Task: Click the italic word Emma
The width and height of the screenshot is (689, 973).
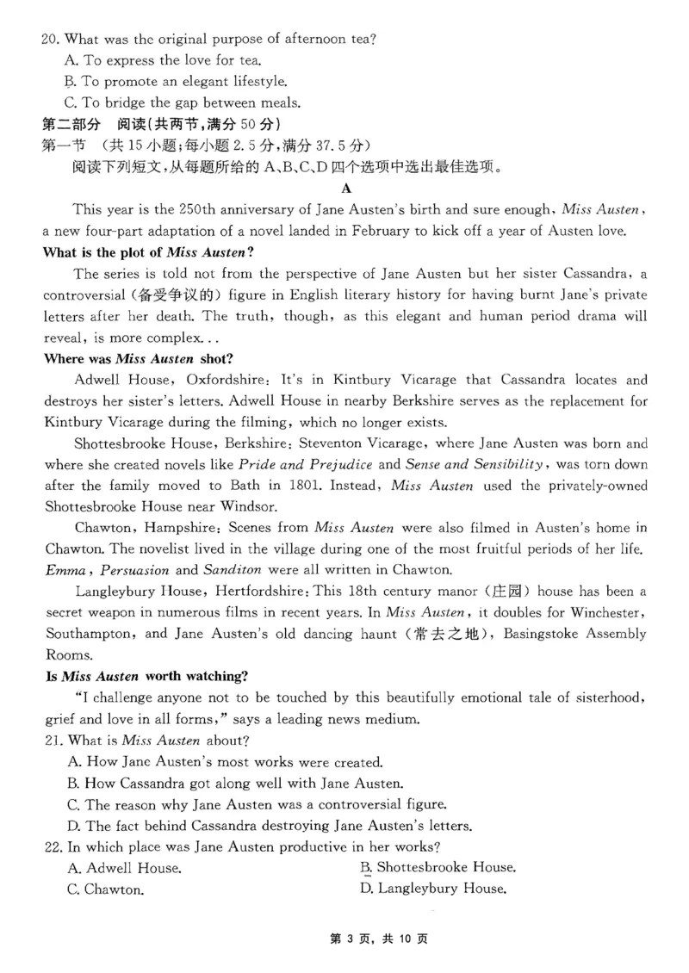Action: [65, 570]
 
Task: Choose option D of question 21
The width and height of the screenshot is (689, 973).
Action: [269, 826]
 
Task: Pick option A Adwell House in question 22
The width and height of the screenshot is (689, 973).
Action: [124, 867]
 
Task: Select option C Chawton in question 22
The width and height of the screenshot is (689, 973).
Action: [105, 889]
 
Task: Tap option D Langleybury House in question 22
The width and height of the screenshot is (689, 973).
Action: [432, 889]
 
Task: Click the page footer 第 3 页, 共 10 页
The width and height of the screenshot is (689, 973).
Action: [379, 939]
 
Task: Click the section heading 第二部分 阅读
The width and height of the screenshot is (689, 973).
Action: [99, 124]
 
